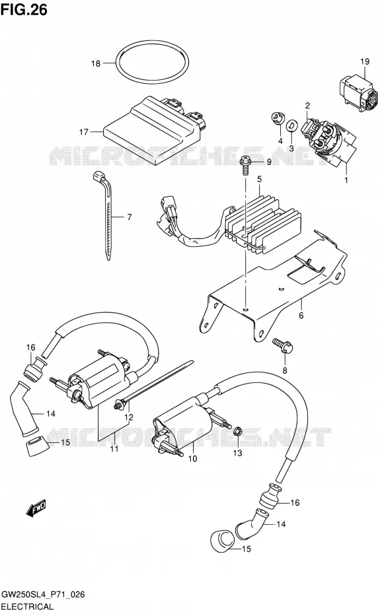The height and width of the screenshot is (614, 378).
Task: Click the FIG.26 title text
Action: [24, 9]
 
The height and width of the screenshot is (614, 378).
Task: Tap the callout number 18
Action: [96, 63]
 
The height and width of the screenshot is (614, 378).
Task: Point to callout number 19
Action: [365, 61]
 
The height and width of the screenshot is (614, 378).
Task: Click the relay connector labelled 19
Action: [359, 92]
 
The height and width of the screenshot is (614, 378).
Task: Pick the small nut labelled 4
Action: [278, 118]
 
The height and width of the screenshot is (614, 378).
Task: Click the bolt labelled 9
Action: [245, 166]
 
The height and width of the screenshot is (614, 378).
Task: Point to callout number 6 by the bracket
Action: [301, 316]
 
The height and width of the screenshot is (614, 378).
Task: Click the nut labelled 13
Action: [237, 432]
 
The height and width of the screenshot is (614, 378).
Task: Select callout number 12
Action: [129, 417]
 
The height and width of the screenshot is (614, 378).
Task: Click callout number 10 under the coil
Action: [192, 459]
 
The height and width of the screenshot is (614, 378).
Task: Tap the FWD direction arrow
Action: [36, 508]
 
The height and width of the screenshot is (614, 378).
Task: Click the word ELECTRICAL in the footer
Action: [27, 607]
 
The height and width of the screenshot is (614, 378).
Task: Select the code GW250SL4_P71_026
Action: [43, 596]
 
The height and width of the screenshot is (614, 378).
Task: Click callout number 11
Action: [114, 449]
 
